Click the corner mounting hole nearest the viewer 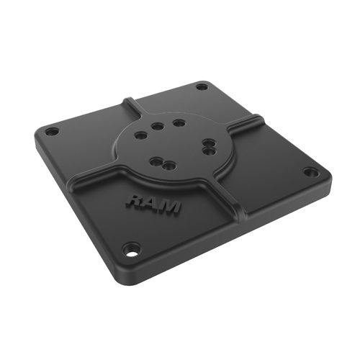click(x=131, y=251)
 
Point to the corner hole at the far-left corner click(x=50, y=132)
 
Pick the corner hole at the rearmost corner click(x=202, y=87)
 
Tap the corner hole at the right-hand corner click(x=311, y=172)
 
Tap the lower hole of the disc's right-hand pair click(x=208, y=151)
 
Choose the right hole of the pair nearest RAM click(x=169, y=165)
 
